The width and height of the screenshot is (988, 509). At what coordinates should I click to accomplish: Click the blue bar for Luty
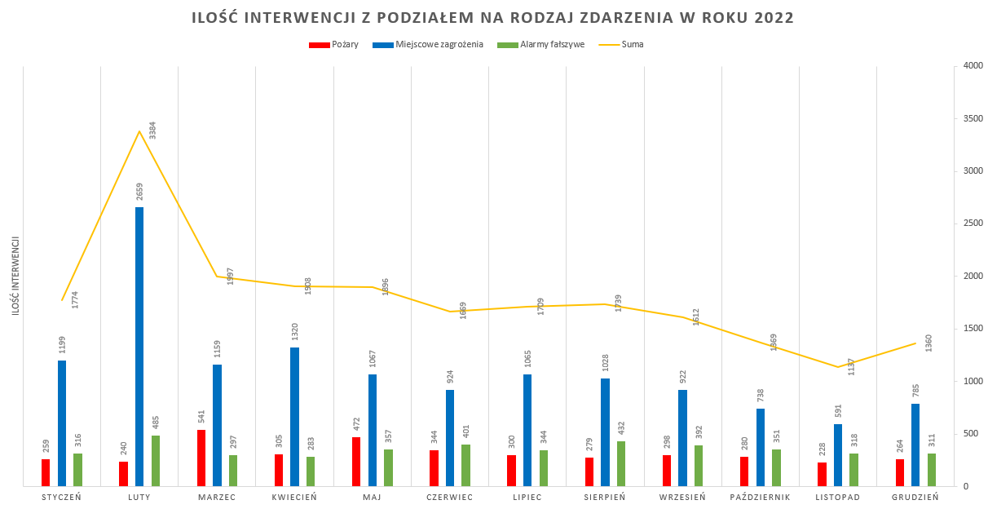pyautogui.click(x=139, y=347)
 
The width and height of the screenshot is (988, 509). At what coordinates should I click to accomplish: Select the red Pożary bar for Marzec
pyautogui.click(x=201, y=458)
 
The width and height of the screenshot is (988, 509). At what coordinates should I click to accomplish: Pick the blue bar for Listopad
pyautogui.click(x=838, y=454)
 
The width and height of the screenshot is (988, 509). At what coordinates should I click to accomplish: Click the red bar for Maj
pyautogui.click(x=356, y=462)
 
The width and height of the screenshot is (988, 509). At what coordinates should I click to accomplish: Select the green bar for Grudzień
pyautogui.click(x=932, y=470)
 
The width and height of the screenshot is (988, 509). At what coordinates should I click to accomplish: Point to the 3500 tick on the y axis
pyautogui.click(x=973, y=118)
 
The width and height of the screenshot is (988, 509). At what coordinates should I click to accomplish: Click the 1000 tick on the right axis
pyautogui.click(x=973, y=381)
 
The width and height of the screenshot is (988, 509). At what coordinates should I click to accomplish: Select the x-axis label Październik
pyautogui.click(x=761, y=497)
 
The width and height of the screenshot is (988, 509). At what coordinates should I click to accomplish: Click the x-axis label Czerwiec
pyautogui.click(x=449, y=497)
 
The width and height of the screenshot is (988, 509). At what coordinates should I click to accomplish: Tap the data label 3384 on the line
pyautogui.click(x=152, y=131)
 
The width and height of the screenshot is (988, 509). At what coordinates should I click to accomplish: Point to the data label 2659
pyautogui.click(x=139, y=192)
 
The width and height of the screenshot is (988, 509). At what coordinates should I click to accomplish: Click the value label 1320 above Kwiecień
pyautogui.click(x=295, y=332)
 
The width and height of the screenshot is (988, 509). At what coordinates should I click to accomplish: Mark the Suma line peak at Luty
pyautogui.click(x=139, y=131)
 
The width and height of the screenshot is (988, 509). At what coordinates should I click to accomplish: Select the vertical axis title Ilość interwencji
pyautogui.click(x=15, y=276)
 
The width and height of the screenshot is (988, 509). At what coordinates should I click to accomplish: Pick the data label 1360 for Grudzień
pyautogui.click(x=929, y=343)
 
